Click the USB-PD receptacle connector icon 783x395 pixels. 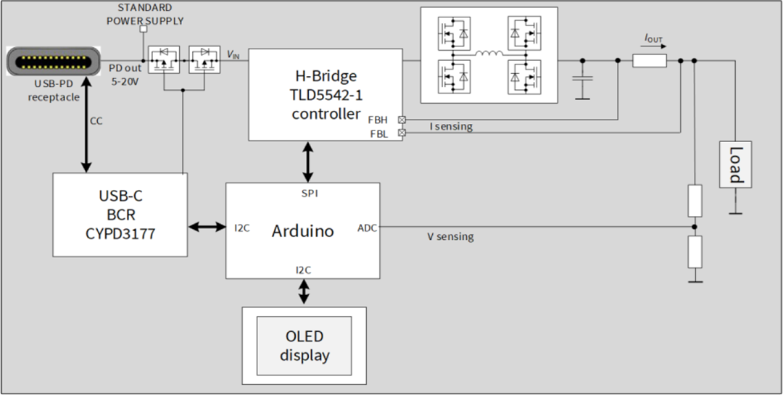pyautogui.click(x=51, y=62)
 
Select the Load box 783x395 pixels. pyautogui.click(x=734, y=165)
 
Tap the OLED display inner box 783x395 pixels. pyautogui.click(x=304, y=346)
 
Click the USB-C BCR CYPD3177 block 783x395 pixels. pyautogui.click(x=120, y=215)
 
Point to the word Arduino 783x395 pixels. pyautogui.click(x=302, y=231)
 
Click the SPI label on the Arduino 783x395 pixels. pyautogui.click(x=310, y=194)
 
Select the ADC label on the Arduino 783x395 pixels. pyautogui.click(x=367, y=228)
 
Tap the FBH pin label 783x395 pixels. pyautogui.click(x=378, y=120)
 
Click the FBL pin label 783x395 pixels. pyautogui.click(x=378, y=133)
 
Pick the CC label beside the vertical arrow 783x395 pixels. pyautogui.click(x=96, y=121)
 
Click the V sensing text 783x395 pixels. pyautogui.click(x=450, y=236)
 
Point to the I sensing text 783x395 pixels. pyautogui.click(x=451, y=127)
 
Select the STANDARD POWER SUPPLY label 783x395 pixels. pyautogui.click(x=145, y=14)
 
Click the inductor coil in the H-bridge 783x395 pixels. pyautogui.click(x=489, y=54)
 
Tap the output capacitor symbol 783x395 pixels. pyautogui.click(x=581, y=78)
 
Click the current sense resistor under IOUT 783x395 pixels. pyautogui.click(x=649, y=61)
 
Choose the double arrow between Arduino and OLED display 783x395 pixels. pyautogui.click(x=304, y=292)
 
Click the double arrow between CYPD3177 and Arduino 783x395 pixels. pyautogui.click(x=207, y=227)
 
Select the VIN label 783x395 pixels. pyautogui.click(x=233, y=54)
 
